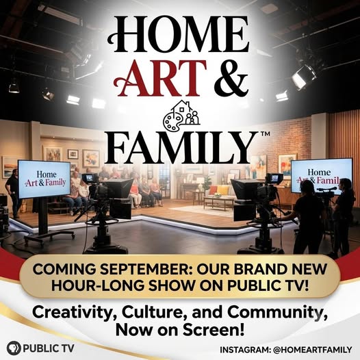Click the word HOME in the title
pos(179,34)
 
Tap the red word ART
pos(160,79)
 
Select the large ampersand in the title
pos(231,79)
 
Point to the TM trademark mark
pos(266,134)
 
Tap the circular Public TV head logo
pos(14,348)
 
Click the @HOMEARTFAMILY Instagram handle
pos(313,350)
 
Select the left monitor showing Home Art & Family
pos(44,179)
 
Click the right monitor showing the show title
pos(322,177)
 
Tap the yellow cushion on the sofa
pos(222,190)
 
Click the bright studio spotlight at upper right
pos(303,77)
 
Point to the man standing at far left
pos(13,193)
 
